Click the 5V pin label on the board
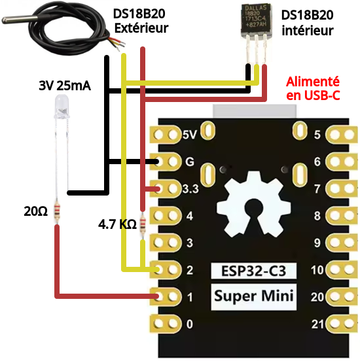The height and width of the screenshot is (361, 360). [x=189, y=135]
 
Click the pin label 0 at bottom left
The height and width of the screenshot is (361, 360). [x=190, y=324]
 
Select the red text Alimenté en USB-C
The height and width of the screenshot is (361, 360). [x=313, y=89]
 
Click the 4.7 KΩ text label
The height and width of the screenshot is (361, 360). [x=117, y=224]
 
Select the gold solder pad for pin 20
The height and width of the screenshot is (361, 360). [x=342, y=296]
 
